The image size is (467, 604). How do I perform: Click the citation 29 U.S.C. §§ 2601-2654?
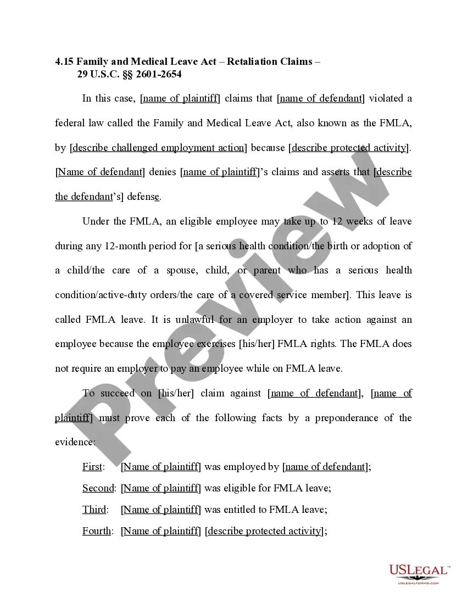click(x=130, y=74)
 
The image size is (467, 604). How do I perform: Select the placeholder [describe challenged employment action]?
click(x=158, y=148)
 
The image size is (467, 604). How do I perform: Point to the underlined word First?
click(x=92, y=467)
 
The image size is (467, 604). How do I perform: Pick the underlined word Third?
click(x=94, y=510)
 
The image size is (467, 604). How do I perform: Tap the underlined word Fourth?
click(x=97, y=531)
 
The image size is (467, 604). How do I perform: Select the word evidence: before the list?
click(x=75, y=442)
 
